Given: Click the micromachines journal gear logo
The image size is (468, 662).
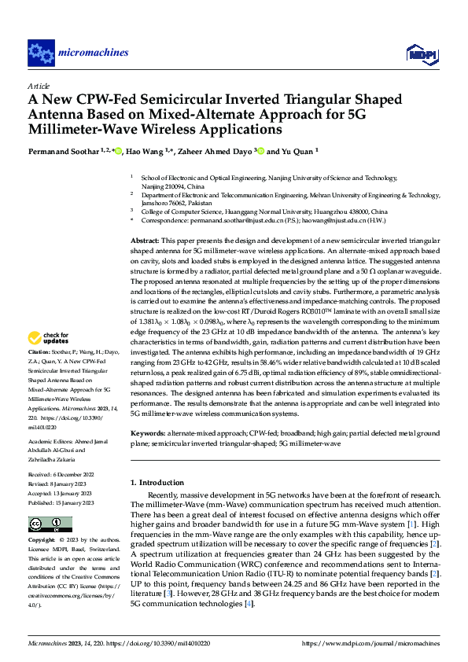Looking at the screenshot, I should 40,53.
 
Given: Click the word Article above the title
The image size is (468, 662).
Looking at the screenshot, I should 39,86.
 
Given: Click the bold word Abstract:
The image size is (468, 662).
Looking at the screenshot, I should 145,239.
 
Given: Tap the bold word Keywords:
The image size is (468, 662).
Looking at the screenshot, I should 148,433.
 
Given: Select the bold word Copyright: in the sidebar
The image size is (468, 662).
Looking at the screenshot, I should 42,541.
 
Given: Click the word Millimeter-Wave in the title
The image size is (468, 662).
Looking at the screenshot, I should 86,128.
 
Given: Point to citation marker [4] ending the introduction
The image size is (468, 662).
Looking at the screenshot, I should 249,604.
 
